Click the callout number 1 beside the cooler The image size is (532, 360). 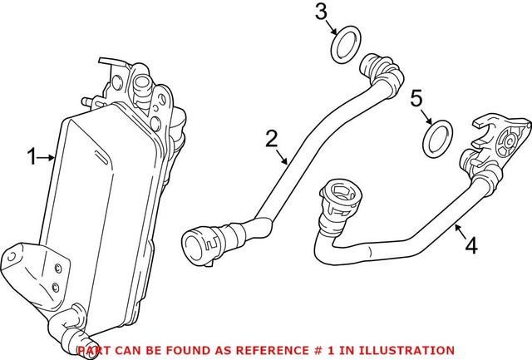pos(33,155)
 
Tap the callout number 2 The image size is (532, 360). pos(271,137)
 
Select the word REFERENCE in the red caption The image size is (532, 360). pos(265,351)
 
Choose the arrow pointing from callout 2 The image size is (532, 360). pos(283,155)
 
